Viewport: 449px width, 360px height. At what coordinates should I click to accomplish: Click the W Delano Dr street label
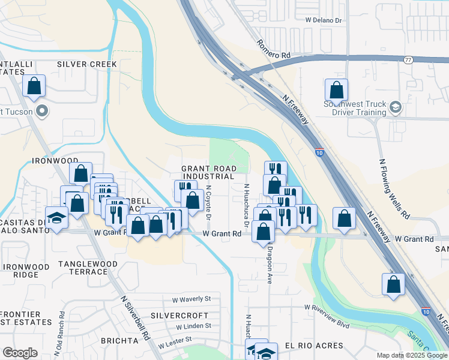point(323,20)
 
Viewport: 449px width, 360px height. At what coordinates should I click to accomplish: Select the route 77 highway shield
point(408,60)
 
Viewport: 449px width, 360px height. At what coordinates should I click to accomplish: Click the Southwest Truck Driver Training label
point(355,108)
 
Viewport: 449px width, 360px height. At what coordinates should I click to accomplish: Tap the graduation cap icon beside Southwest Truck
point(395,107)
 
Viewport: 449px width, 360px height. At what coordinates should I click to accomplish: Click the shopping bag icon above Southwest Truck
point(337,91)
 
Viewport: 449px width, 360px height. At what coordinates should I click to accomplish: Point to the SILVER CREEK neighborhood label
point(88,64)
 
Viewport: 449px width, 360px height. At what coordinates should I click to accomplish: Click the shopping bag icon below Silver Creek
point(34,86)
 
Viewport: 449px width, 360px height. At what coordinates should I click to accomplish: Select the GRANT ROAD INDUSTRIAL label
point(208,173)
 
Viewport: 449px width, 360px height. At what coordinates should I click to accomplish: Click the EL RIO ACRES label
point(314,346)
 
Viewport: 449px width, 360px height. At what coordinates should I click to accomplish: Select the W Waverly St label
point(191,299)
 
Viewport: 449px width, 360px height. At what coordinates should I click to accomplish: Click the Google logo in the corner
point(20,353)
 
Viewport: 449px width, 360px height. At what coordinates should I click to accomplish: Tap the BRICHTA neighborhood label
point(120,341)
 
